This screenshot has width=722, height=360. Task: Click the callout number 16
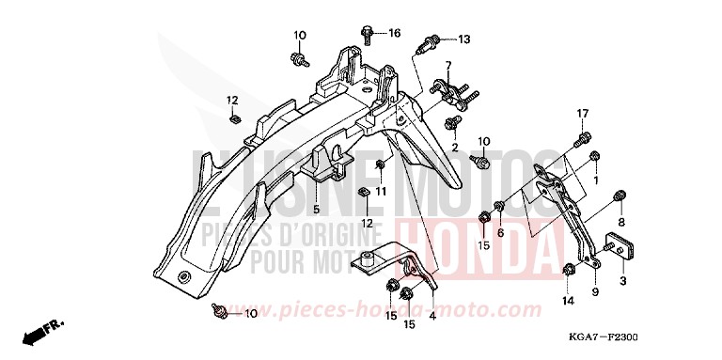click(x=394, y=33)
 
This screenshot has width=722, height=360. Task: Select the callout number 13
click(x=463, y=39)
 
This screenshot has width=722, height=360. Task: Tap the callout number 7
click(x=449, y=66)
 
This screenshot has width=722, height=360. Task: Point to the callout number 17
click(x=582, y=115)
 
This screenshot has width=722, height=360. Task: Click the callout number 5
click(x=317, y=209)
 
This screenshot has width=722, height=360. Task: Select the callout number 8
click(x=621, y=222)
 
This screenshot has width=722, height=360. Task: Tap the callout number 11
click(x=381, y=192)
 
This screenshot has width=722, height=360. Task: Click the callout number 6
click(x=500, y=232)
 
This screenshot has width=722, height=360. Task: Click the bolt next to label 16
click(x=367, y=35)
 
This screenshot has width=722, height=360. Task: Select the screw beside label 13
click(x=435, y=41)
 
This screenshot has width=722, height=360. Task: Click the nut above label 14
click(x=570, y=273)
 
